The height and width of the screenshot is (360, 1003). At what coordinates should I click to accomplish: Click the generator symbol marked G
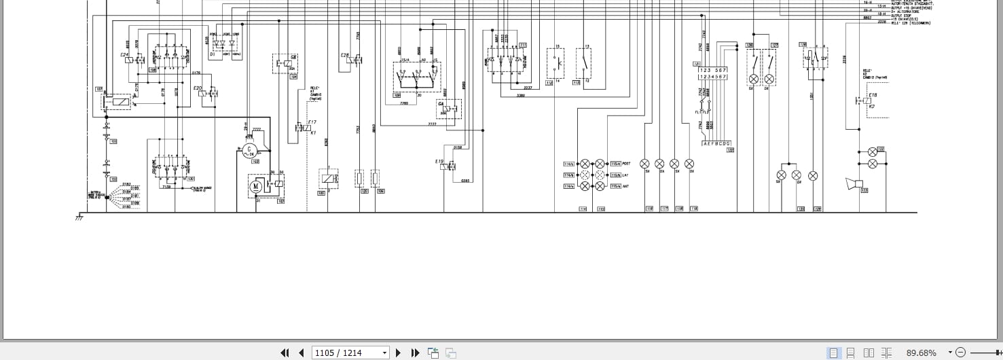point(249,149)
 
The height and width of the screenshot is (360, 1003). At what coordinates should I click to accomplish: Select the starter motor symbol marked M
point(256,186)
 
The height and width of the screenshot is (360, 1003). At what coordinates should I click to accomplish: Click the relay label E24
point(124,54)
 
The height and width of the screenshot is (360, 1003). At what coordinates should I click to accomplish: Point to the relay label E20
point(198,88)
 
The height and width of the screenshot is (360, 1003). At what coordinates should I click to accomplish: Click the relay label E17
point(312,122)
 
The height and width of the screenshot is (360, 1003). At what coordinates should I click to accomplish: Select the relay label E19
point(439,162)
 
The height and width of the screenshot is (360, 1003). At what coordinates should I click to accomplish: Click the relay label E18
point(873,95)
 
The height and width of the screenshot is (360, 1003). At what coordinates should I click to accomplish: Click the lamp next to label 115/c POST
point(600,164)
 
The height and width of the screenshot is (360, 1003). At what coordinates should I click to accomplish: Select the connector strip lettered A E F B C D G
point(716,143)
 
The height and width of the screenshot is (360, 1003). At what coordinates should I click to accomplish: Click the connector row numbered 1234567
point(713,77)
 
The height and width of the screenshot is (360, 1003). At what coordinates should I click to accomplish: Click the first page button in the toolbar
point(285,353)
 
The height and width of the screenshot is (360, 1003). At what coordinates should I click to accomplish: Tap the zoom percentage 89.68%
point(921,353)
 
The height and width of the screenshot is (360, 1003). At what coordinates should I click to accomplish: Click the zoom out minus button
point(960,353)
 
